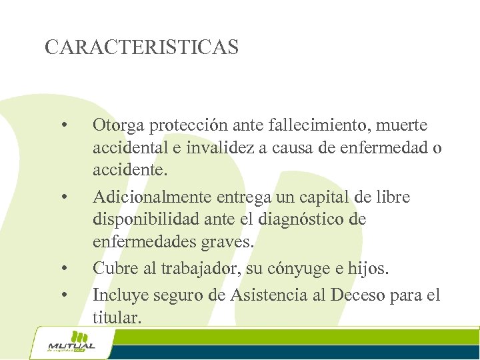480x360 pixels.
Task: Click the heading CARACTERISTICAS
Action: pyautogui.click(x=141, y=47)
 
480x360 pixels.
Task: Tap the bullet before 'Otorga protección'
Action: pyautogui.click(x=64, y=125)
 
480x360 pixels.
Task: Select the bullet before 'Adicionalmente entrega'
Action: pyautogui.click(x=64, y=197)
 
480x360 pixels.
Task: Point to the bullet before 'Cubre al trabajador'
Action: pyautogui.click(x=64, y=269)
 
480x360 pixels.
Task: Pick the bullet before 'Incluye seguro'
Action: pyautogui.click(x=64, y=294)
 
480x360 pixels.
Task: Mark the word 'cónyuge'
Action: pyautogui.click(x=300, y=269)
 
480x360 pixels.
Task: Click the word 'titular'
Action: pyautogui.click(x=117, y=317)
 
